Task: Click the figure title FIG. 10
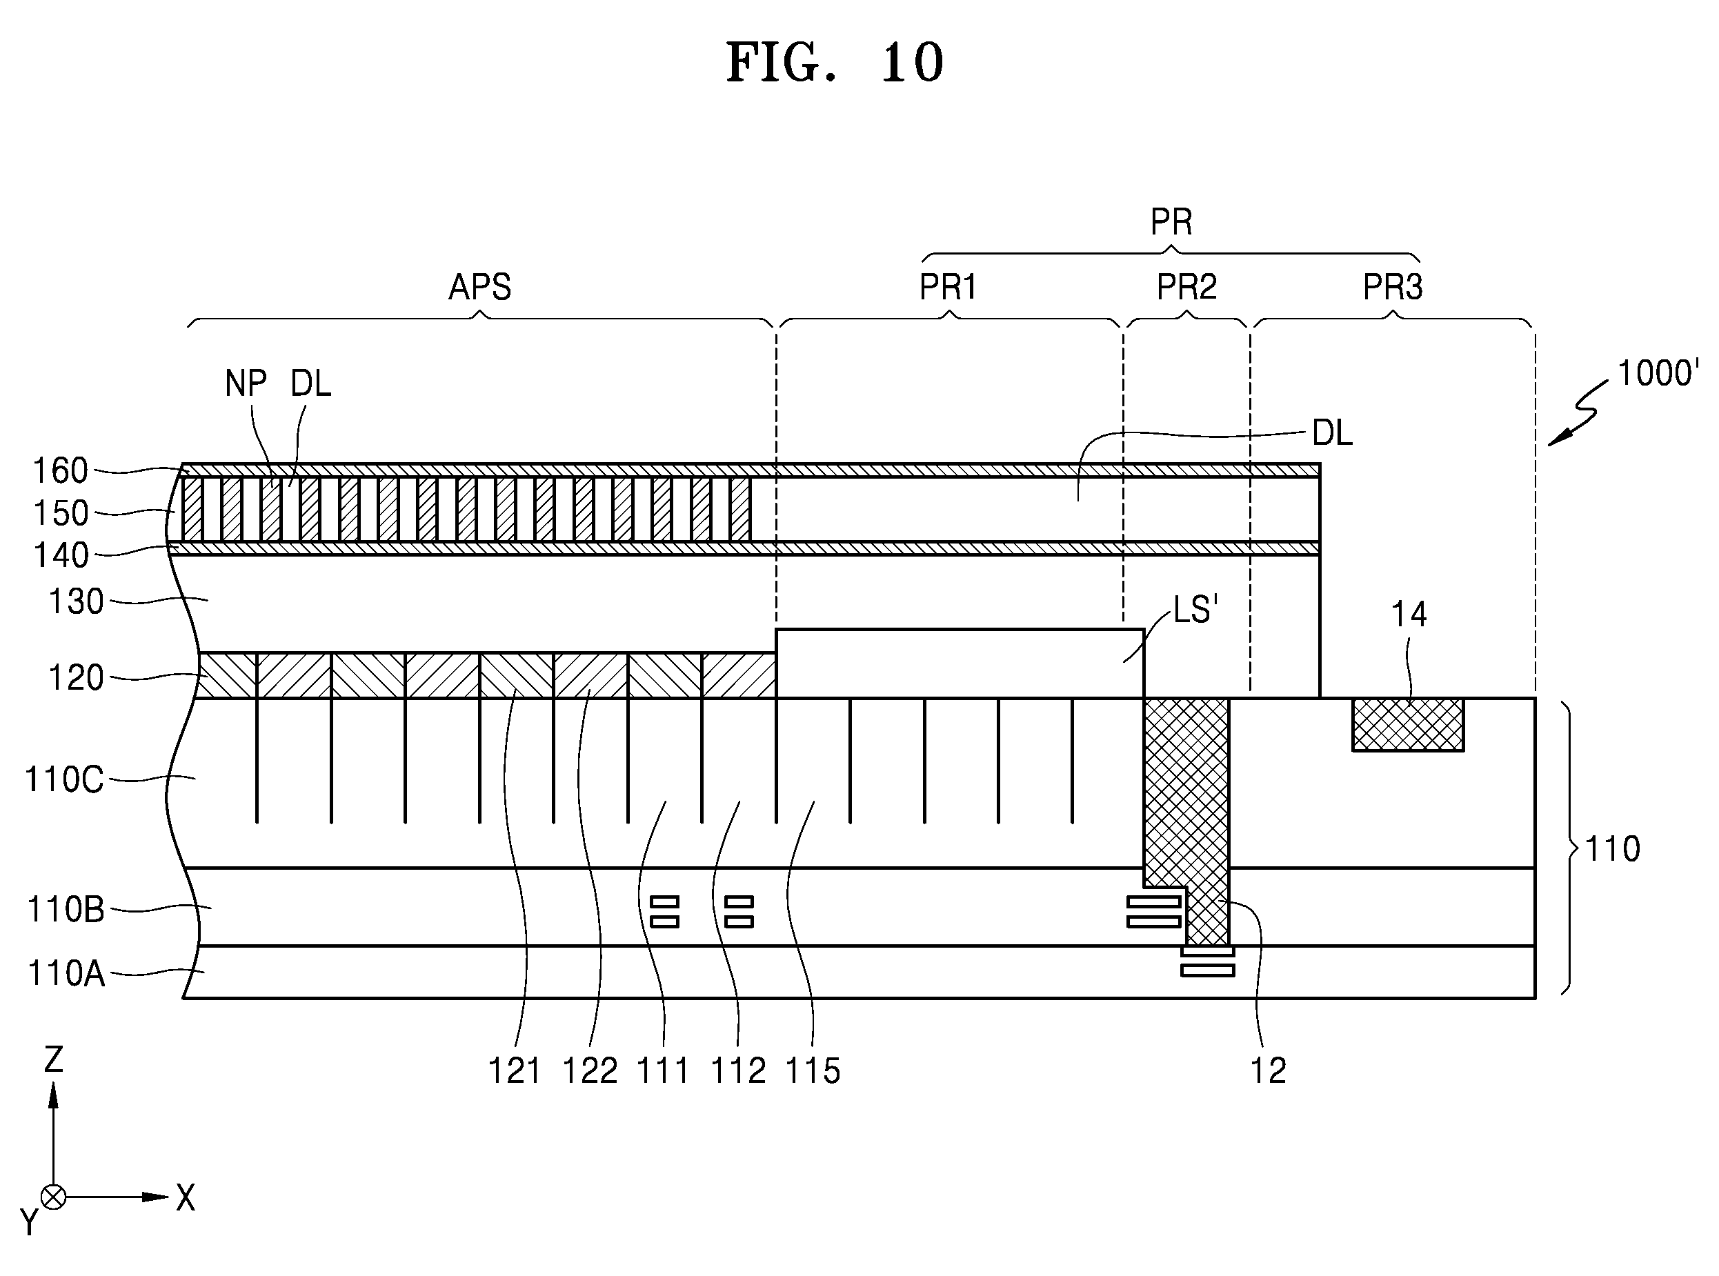(x=835, y=63)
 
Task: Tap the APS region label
(x=480, y=288)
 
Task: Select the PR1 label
(x=948, y=288)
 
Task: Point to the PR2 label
(x=1186, y=288)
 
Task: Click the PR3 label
(x=1392, y=288)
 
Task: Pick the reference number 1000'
(x=1658, y=373)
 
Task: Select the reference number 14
(x=1409, y=614)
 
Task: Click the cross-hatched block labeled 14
(x=1408, y=724)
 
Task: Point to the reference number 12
(x=1268, y=1070)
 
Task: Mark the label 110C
(x=64, y=779)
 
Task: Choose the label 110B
(x=66, y=910)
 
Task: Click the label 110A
(x=66, y=973)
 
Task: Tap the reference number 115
(x=813, y=1070)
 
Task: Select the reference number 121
(x=515, y=1070)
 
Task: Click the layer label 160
(x=60, y=470)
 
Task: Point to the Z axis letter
(x=53, y=1059)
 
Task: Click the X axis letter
(x=186, y=1198)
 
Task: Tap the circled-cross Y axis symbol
(x=53, y=1197)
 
